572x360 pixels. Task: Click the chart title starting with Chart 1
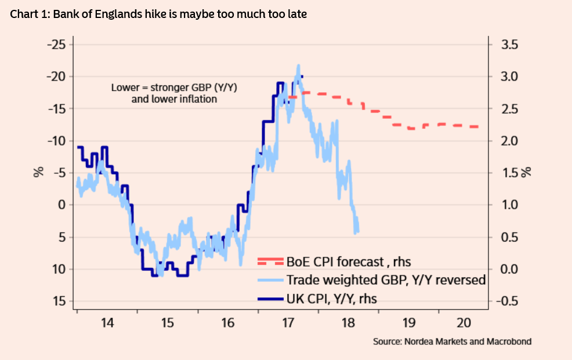[x=158, y=14]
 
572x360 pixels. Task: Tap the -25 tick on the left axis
[x=57, y=45]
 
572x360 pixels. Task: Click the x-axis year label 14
[x=107, y=322]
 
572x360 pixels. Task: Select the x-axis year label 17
[x=288, y=322]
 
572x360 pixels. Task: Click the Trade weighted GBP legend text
[x=386, y=280]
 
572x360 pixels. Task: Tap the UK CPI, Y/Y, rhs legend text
[x=335, y=298]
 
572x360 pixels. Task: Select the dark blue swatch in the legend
[x=271, y=298]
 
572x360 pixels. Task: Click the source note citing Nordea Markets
[x=452, y=341]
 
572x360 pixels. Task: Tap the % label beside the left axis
[x=38, y=172]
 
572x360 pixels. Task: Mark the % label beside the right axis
[x=527, y=172]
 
